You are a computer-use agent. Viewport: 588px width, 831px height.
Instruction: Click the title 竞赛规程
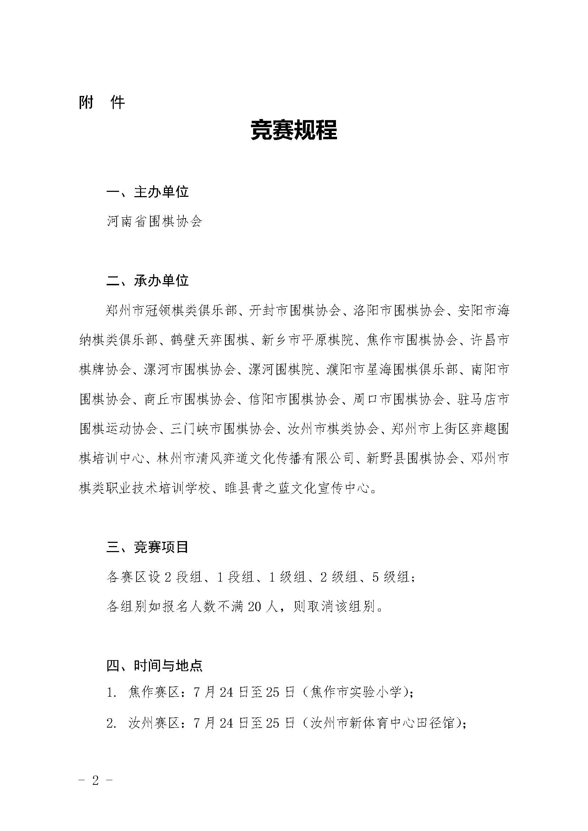point(294,130)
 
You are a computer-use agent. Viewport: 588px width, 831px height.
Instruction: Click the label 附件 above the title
point(102,103)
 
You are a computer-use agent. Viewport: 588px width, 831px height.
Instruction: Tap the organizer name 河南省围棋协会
point(154,221)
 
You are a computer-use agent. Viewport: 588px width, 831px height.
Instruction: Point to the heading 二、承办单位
point(148,281)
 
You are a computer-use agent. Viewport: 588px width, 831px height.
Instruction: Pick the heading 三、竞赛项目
point(148,547)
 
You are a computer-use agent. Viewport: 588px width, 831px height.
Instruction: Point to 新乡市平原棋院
point(308,340)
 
